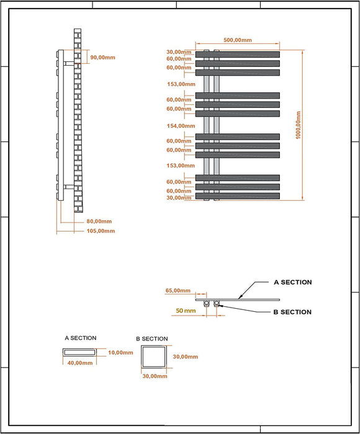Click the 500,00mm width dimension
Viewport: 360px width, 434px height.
pos(238,40)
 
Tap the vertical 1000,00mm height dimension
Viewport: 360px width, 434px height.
pos(298,125)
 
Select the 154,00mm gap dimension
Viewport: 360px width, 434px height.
pos(181,126)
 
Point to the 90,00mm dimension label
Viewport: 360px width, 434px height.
pos(102,58)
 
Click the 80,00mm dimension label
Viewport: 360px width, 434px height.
pos(99,221)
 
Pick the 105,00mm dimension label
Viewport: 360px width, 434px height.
pos(101,231)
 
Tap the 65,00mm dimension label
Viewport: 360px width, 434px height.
pos(178,291)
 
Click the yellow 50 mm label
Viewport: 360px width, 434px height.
pos(186,311)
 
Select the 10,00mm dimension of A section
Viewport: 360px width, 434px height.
pos(120,353)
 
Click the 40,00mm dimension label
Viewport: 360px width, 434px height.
pos(80,363)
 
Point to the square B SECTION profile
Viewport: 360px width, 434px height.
pos(154,356)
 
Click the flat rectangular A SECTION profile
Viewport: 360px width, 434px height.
pos(79,352)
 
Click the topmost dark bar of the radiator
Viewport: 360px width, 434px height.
pos(238,55)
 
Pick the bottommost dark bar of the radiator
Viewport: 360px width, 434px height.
pos(238,196)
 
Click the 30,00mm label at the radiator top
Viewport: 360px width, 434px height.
pos(179,52)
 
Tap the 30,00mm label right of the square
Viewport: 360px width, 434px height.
pos(186,356)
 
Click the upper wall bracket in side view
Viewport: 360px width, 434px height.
pos(69,63)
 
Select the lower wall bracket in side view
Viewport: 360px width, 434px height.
pos(69,187)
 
